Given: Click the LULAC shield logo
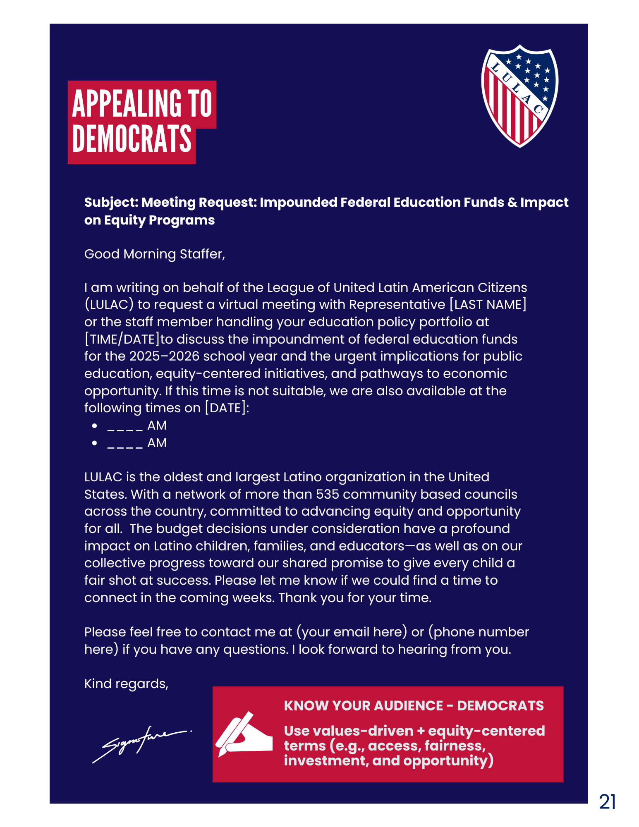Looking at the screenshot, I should point(519,96).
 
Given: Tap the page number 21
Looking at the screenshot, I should point(607,802).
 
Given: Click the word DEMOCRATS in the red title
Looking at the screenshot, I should point(132,139).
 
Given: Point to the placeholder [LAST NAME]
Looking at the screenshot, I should point(488,305).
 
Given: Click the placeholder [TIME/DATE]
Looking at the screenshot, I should point(122,339).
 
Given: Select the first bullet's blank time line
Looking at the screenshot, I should point(125,426).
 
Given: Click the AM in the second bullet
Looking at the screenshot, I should point(157,443).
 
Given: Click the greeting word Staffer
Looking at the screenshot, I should point(202,254).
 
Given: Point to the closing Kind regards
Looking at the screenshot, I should point(126,684).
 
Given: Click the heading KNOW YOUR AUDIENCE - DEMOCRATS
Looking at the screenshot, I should point(414,706).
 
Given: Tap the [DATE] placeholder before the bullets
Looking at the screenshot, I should point(225,408).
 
